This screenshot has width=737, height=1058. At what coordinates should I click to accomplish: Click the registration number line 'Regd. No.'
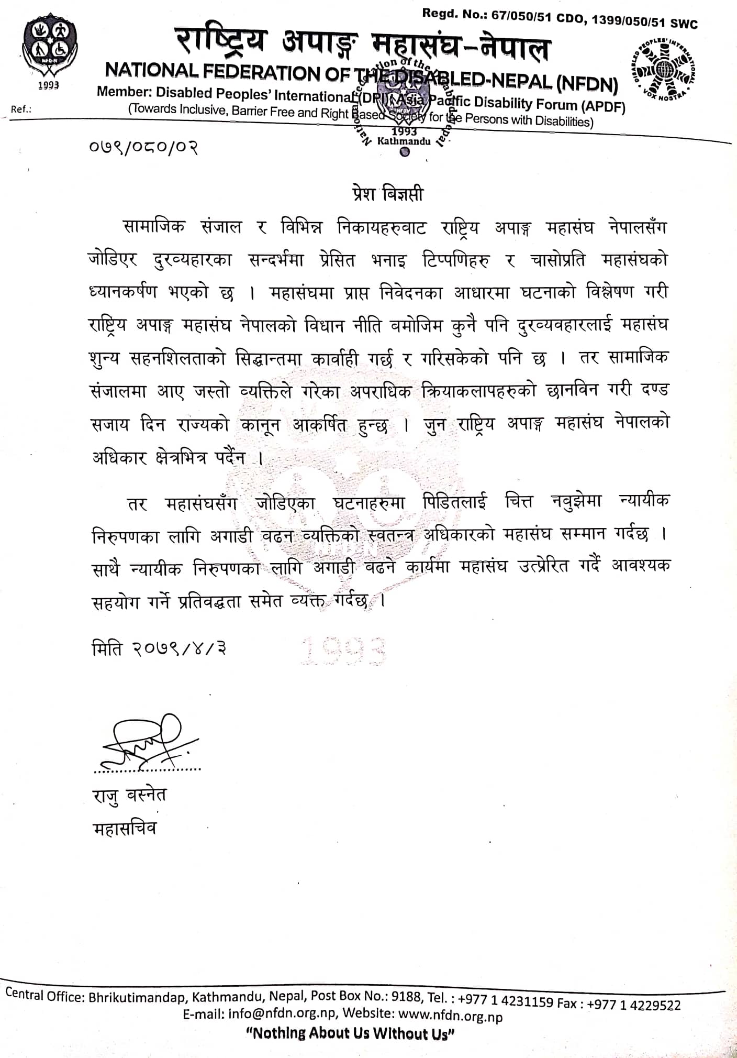click(560, 19)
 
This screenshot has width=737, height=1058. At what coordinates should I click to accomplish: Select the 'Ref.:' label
click(21, 109)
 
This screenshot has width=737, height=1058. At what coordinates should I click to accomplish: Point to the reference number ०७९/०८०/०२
click(143, 147)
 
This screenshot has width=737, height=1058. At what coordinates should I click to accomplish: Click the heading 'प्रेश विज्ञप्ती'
click(387, 194)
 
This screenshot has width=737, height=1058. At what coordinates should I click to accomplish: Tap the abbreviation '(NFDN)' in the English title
click(587, 84)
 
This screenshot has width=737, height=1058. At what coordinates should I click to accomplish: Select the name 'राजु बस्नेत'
click(129, 795)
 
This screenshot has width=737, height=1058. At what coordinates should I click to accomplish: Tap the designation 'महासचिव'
click(125, 829)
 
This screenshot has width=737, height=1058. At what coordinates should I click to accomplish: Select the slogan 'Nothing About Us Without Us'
click(350, 1034)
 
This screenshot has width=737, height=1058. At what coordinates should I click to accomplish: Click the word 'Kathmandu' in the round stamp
click(404, 141)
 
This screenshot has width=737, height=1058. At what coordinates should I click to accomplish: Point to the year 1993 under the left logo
click(48, 85)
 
